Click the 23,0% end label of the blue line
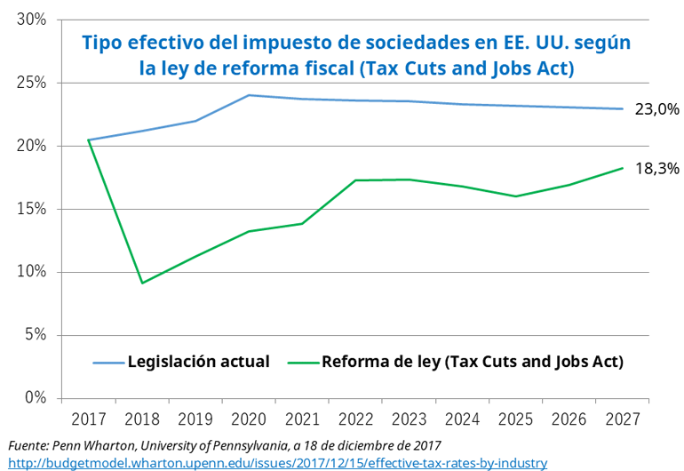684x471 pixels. (x=657, y=109)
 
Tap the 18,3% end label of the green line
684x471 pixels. (x=656, y=167)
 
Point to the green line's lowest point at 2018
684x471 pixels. (x=142, y=283)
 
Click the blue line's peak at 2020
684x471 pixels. (x=249, y=95)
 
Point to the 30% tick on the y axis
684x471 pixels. (x=32, y=20)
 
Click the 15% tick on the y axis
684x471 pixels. (x=32, y=209)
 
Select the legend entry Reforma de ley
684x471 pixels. (x=472, y=362)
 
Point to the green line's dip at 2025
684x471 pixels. (x=515, y=196)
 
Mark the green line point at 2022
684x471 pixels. (x=355, y=180)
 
